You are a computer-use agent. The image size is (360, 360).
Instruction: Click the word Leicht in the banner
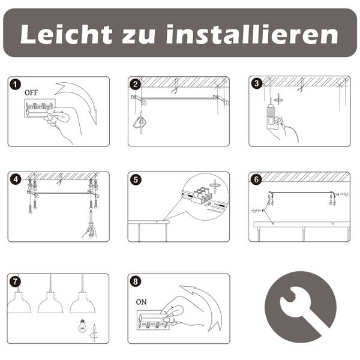click(67, 34)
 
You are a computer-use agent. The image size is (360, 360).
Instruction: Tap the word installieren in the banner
click(252, 34)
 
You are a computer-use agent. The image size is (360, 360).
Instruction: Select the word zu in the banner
click(139, 36)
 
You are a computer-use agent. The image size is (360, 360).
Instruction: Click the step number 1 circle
click(16, 85)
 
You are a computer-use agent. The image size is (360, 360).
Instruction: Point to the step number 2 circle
click(136, 84)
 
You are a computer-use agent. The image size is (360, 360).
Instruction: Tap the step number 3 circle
click(256, 83)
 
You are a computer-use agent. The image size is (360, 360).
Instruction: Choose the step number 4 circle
click(16, 179)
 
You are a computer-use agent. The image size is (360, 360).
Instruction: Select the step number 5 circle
click(136, 180)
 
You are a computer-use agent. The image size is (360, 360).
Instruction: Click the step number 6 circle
click(256, 180)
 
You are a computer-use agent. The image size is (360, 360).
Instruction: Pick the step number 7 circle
click(15, 281)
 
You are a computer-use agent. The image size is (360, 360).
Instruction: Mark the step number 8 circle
click(136, 281)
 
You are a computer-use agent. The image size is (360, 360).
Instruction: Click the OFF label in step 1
click(31, 93)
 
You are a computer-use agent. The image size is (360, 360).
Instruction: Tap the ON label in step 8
click(141, 302)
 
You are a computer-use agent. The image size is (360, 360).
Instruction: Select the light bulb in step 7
click(82, 326)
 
